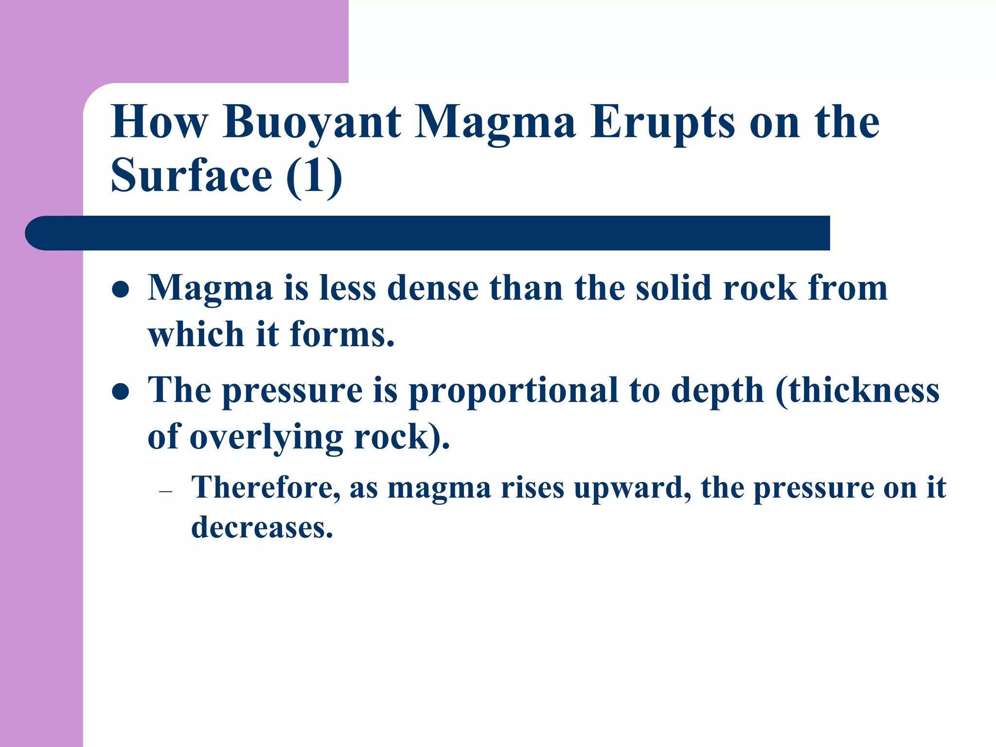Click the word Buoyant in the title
pyautogui.click(x=312, y=123)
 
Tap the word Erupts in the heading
pyautogui.click(x=662, y=123)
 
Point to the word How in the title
pyautogui.click(x=160, y=123)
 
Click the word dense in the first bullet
pyautogui.click(x=433, y=288)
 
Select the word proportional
pyautogui.click(x=513, y=391)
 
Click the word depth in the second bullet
pyautogui.click(x=717, y=391)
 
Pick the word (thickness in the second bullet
pyautogui.click(x=857, y=391)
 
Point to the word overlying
pyautogui.click(x=266, y=437)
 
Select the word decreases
pyautogui.click(x=262, y=527)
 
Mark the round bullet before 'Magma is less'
pyautogui.click(x=120, y=290)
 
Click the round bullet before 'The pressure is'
pyautogui.click(x=120, y=392)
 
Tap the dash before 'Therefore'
pyautogui.click(x=166, y=492)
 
